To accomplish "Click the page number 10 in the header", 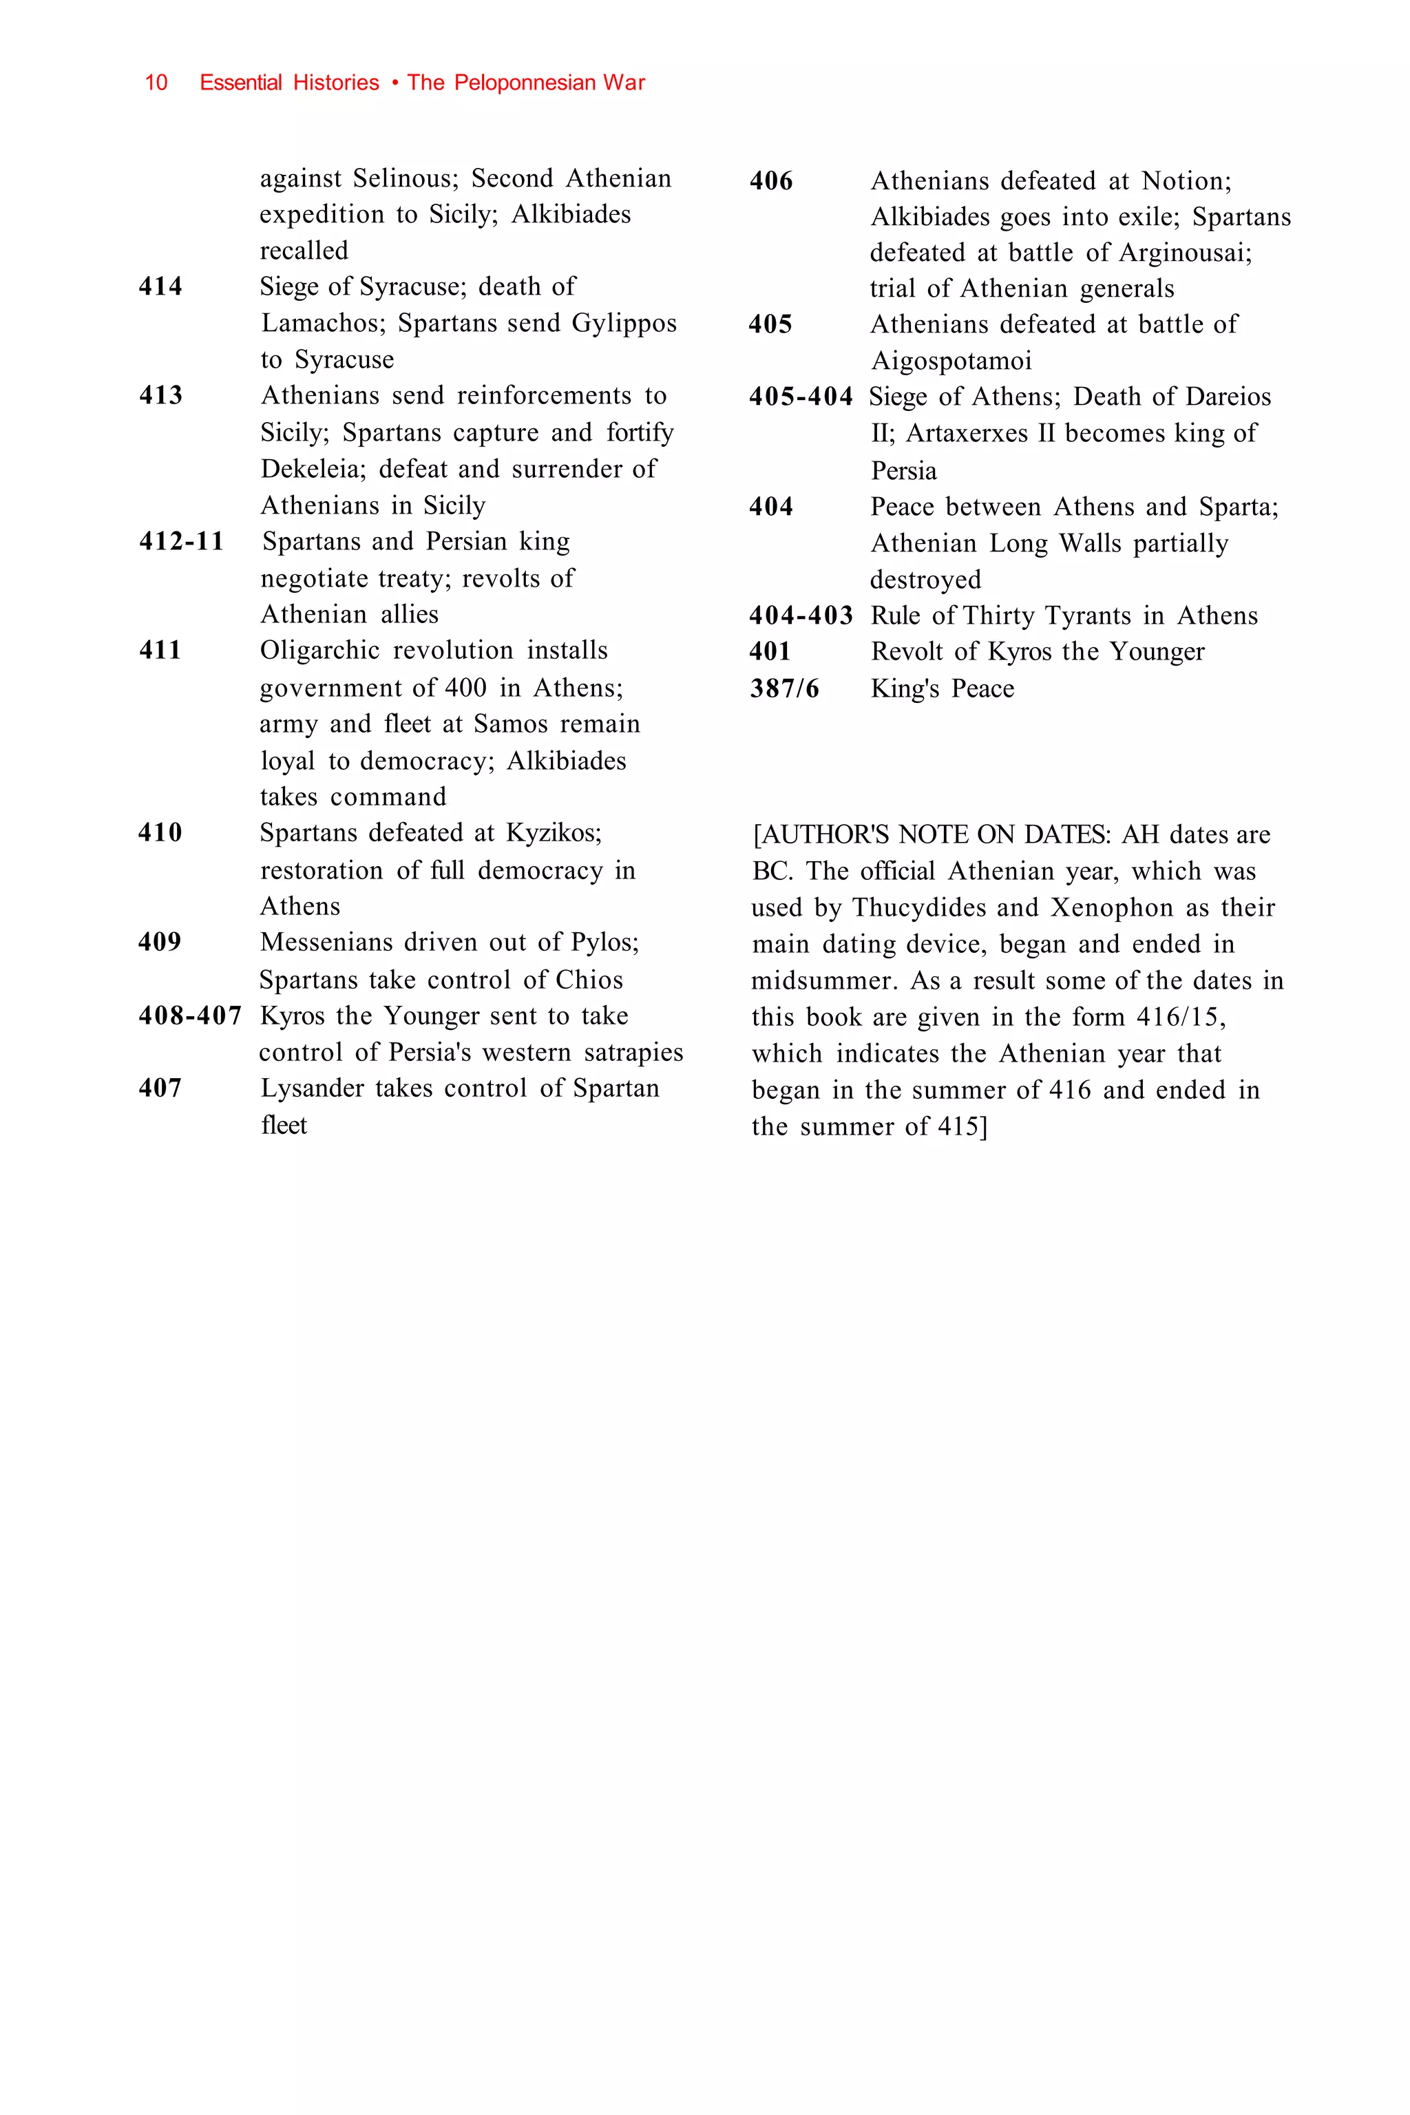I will pos(156,83).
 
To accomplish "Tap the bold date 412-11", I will pos(181,541).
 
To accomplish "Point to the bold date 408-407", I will pos(190,1016).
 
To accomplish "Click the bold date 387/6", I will pos(784,688).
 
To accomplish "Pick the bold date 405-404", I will pos(800,397).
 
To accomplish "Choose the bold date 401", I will pos(770,651).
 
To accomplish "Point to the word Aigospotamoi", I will pos(951,361).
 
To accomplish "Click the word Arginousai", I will pos(1185,253).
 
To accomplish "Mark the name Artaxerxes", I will pos(967,434).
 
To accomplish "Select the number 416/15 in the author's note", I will pos(1181,1017).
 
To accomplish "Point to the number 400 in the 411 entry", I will pos(465,688).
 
